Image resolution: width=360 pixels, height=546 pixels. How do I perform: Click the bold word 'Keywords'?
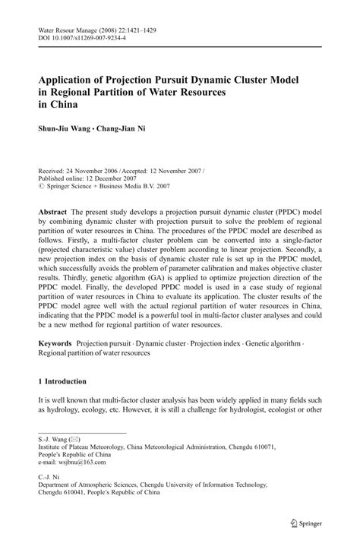coord(58,344)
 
